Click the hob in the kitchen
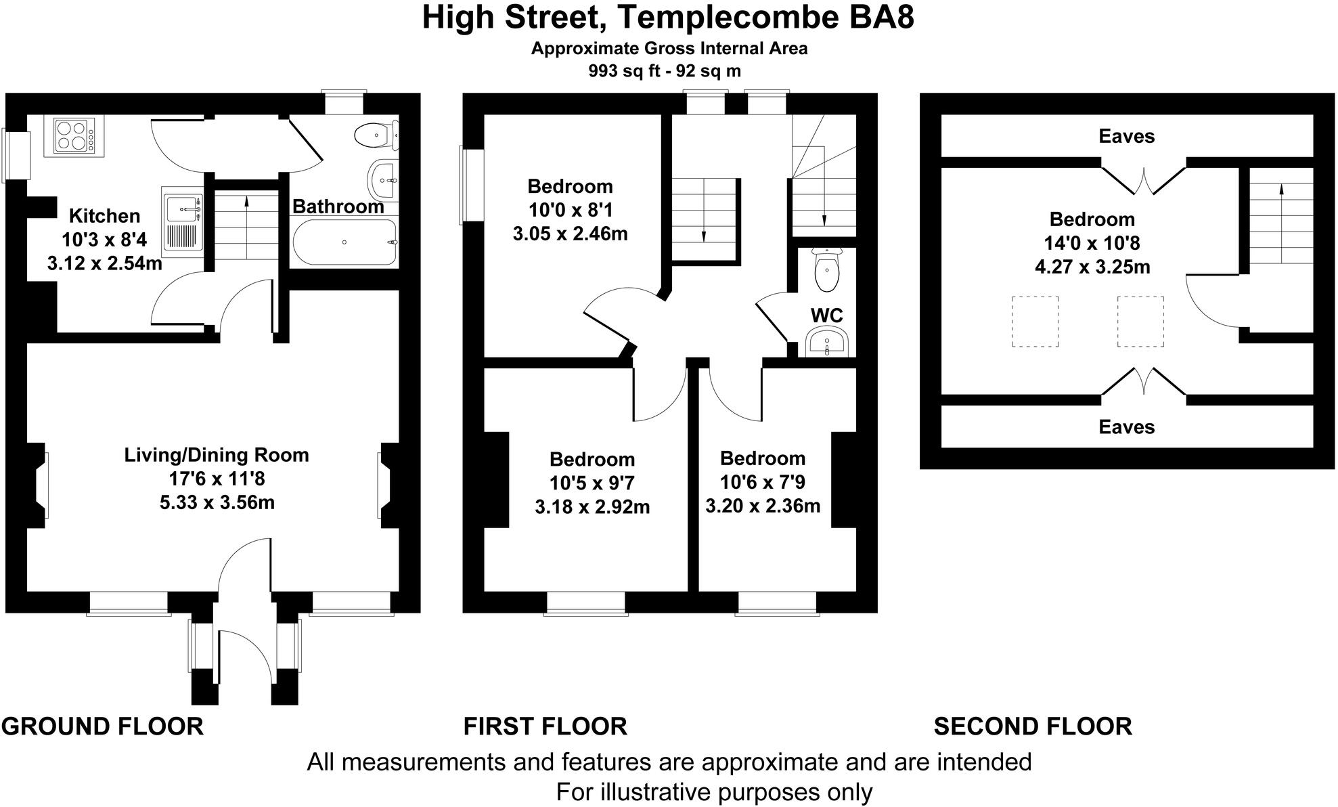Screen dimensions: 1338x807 click(74, 135)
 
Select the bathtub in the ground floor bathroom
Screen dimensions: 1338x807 click(344, 242)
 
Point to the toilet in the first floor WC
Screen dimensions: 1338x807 click(826, 269)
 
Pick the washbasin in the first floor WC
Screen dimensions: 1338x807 click(826, 343)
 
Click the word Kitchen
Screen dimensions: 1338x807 click(105, 216)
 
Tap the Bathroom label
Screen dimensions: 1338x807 click(338, 206)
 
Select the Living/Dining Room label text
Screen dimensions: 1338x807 click(217, 455)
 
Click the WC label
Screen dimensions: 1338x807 click(827, 315)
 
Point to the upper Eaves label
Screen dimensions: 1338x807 click(1126, 136)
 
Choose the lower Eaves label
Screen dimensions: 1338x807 click(1126, 427)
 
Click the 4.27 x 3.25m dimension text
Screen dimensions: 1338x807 click(1092, 267)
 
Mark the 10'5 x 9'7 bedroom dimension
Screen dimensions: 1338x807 click(592, 483)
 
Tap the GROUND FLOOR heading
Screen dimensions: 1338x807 click(102, 726)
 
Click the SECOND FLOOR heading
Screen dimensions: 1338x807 click(1033, 726)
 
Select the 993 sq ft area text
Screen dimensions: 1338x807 click(623, 70)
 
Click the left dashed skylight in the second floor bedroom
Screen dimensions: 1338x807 click(1035, 322)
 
